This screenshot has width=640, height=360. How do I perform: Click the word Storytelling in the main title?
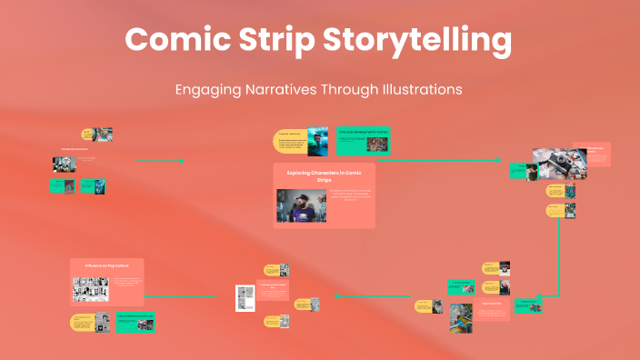421,41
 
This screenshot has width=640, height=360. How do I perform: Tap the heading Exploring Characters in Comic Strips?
324,175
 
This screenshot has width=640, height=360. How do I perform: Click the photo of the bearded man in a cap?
301,206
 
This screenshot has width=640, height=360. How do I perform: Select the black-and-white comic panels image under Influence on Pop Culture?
90,289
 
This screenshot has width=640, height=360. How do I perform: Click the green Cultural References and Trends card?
135,321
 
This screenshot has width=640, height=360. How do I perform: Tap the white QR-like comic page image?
244,297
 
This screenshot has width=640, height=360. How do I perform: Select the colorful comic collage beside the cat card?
461,318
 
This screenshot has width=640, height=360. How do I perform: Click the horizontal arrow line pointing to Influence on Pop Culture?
182,295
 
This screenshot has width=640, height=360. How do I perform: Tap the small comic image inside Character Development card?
377,144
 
